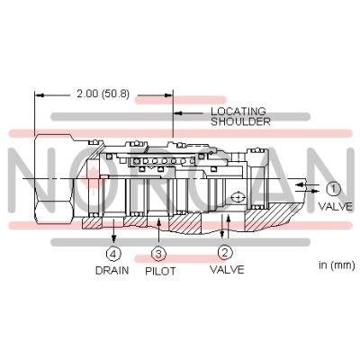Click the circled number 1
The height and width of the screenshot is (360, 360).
point(333,188)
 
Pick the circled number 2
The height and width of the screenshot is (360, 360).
point(226,253)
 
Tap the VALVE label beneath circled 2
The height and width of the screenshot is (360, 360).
point(226,269)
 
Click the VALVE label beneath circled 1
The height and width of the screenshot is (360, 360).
point(334,206)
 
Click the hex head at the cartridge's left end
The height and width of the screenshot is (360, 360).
point(49,180)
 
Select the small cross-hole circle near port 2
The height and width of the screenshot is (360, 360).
point(236,197)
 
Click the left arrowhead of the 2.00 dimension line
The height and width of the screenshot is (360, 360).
point(38,94)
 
